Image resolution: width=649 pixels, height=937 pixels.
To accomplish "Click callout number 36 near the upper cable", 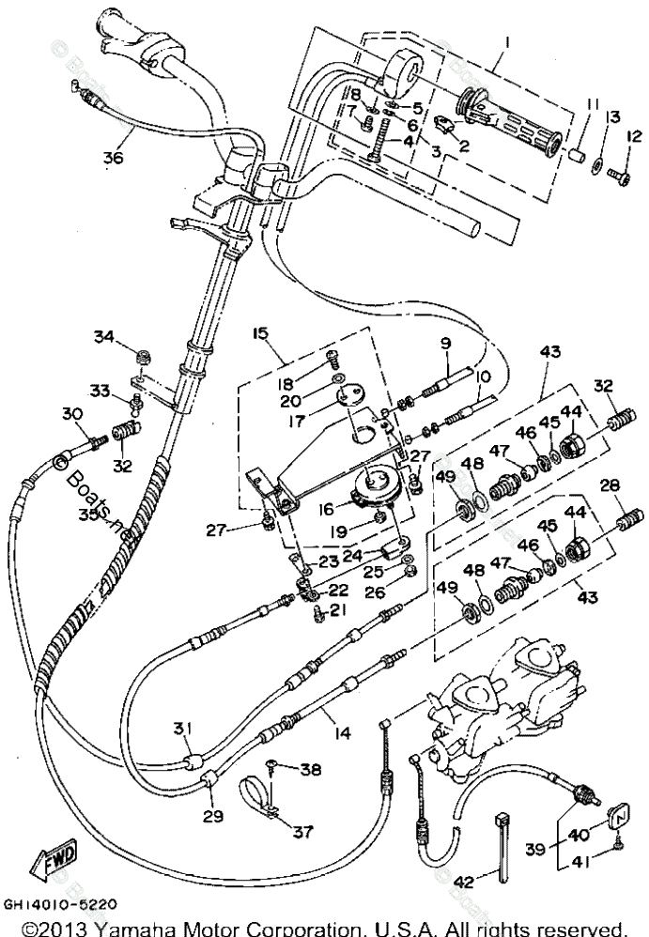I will coord(114,158).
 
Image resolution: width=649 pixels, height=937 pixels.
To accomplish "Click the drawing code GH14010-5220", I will coord(60,906).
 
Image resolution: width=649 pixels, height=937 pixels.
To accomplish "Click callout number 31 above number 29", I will coord(182,730).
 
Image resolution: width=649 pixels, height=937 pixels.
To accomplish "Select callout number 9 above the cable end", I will coord(443,344).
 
